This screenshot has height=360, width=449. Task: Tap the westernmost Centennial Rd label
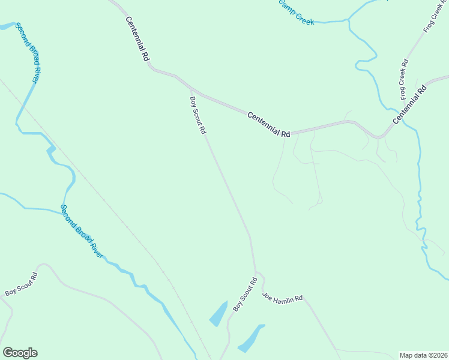click(x=137, y=39)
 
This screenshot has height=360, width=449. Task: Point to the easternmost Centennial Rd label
click(x=411, y=104)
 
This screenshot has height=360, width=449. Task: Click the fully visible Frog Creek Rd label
click(x=405, y=79)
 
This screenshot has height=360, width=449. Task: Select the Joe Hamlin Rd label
click(x=283, y=298)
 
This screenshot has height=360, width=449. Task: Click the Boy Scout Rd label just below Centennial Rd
click(x=198, y=115)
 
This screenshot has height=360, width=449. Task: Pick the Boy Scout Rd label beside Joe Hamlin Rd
click(x=244, y=293)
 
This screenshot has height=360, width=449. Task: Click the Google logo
click(x=20, y=353)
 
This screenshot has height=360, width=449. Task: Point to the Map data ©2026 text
click(x=424, y=355)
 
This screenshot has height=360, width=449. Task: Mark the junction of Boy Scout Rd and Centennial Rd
click(x=191, y=89)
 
